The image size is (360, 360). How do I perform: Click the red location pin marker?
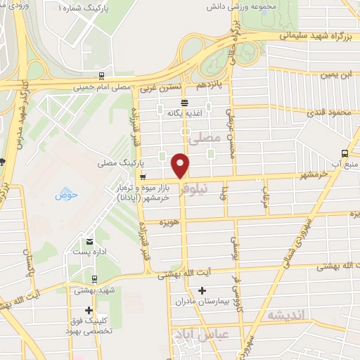[181, 166]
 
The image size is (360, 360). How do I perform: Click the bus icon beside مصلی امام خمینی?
[102, 76]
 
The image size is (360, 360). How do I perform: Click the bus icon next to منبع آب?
[344, 153]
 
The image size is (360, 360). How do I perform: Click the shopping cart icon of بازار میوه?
[143, 177]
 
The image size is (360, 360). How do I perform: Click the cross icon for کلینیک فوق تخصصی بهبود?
[89, 310]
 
